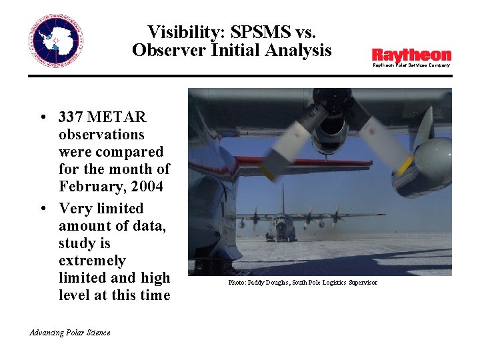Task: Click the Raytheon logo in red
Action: [411, 55]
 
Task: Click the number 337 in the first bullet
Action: [70, 117]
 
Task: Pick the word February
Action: [87, 187]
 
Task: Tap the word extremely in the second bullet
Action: [91, 261]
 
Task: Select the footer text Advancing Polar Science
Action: [70, 333]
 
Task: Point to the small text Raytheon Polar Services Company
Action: [411, 65]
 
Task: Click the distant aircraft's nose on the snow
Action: [282, 230]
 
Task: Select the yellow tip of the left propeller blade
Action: [267, 171]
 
